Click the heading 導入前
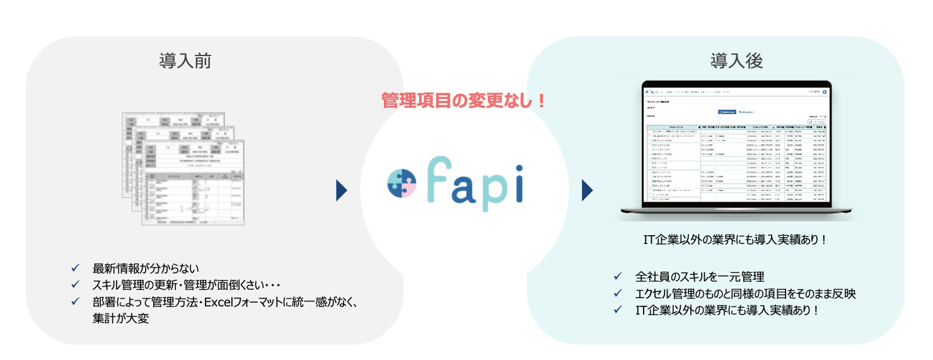(x=185, y=61)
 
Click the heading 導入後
(x=736, y=61)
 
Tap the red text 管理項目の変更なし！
(x=464, y=100)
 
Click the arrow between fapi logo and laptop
(x=587, y=189)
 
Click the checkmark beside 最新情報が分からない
(x=76, y=267)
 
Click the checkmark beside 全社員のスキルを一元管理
(x=618, y=276)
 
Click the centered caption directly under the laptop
(x=734, y=240)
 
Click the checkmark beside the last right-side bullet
(x=618, y=310)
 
